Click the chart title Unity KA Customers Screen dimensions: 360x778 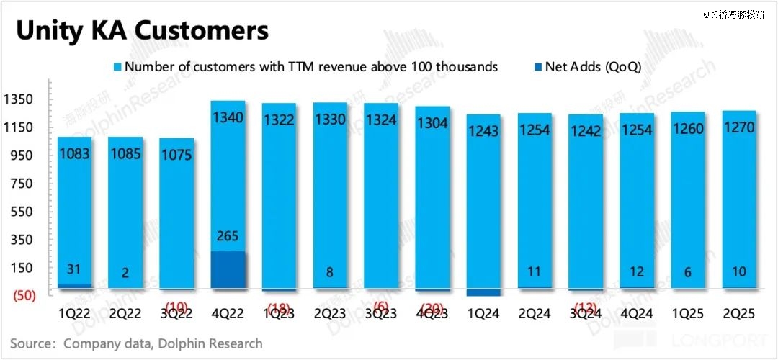click(142, 31)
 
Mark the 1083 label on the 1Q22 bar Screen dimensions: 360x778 click(73, 153)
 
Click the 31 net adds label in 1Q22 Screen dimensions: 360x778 click(73, 269)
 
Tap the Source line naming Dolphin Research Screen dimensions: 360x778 click(136, 343)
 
